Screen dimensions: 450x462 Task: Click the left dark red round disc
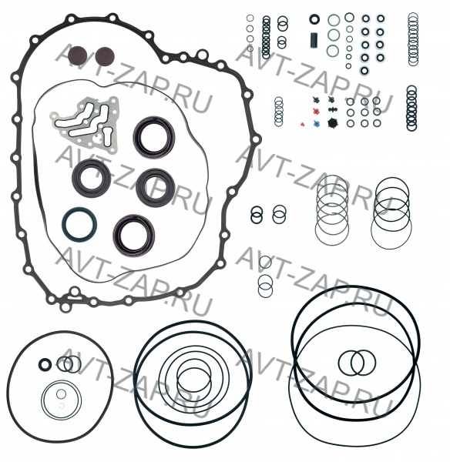(x=77, y=56)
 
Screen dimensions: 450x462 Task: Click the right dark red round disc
(x=104, y=56)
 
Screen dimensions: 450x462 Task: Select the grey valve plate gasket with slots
(x=85, y=125)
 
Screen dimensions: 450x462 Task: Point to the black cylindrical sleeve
(x=314, y=40)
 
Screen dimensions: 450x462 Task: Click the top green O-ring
(x=334, y=21)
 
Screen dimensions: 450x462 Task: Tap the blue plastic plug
(x=317, y=123)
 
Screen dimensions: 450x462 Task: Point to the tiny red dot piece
(x=302, y=124)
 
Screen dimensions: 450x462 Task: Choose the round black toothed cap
(x=333, y=123)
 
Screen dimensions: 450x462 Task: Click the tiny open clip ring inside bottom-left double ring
(x=62, y=406)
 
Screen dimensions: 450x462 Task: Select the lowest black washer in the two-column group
(x=364, y=71)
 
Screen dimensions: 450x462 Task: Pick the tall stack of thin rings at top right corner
(x=413, y=39)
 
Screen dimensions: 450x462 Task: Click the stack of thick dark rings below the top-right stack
(x=411, y=108)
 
